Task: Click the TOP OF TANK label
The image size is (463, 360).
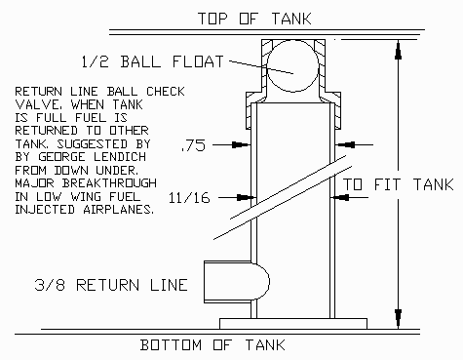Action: point(254,19)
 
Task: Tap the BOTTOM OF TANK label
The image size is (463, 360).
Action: point(212,345)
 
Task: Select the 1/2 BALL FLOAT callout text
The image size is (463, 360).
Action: point(153,61)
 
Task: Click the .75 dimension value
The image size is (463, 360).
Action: point(194,145)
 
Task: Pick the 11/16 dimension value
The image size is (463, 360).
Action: point(189,198)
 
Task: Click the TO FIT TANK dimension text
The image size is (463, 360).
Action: point(398,184)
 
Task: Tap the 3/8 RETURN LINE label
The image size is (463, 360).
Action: point(111,285)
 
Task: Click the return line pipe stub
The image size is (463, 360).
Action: point(236,282)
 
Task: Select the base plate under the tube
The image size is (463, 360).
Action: point(293,324)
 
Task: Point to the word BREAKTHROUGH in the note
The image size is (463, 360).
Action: point(109,183)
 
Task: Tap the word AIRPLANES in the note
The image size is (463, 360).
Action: point(119,210)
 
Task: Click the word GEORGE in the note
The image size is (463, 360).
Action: point(61,157)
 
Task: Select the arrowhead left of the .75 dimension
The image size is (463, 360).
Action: point(241,144)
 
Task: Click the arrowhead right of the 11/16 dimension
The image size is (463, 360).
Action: point(339,197)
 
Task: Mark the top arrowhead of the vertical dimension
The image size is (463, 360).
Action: point(398,50)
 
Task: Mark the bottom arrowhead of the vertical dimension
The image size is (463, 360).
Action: point(398,319)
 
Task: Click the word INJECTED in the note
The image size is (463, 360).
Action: point(45,210)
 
